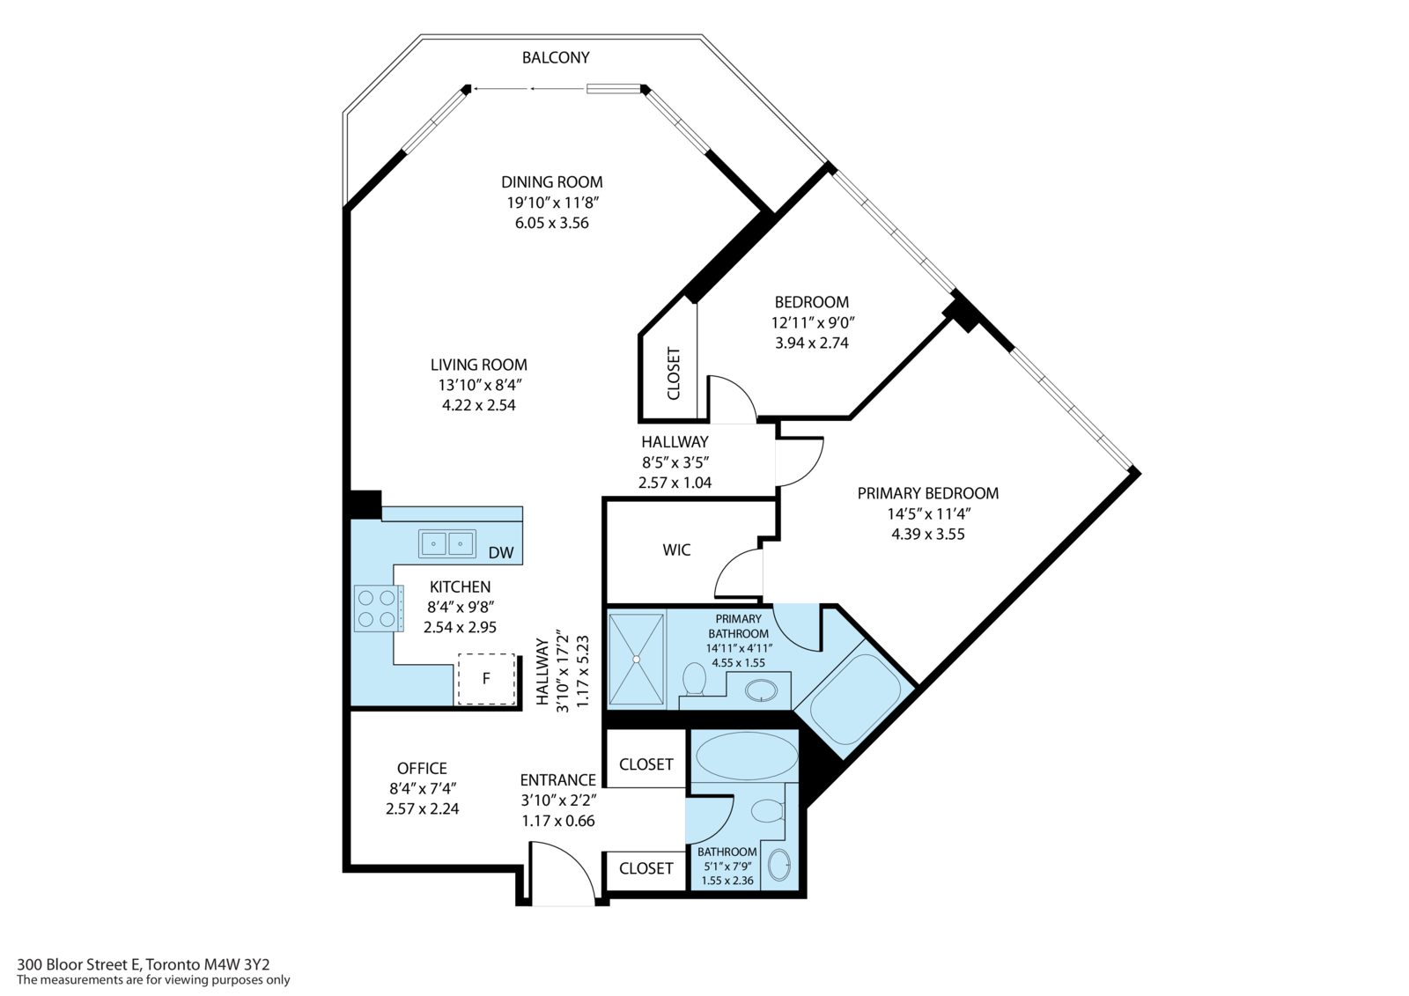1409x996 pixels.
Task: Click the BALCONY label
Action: pyautogui.click(x=555, y=57)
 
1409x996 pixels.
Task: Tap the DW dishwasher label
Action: pyautogui.click(x=500, y=553)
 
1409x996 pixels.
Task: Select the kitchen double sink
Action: pyautogui.click(x=446, y=543)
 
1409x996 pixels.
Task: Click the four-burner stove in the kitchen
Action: pyautogui.click(x=378, y=609)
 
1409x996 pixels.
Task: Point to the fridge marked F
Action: pyautogui.click(x=486, y=678)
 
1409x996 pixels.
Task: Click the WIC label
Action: pyautogui.click(x=676, y=550)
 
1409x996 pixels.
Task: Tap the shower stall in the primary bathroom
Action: pyautogui.click(x=637, y=660)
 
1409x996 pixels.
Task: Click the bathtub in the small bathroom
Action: pyautogui.click(x=746, y=755)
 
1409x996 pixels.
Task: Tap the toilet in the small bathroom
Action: pyautogui.click(x=768, y=810)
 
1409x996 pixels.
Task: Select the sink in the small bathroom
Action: pyautogui.click(x=779, y=865)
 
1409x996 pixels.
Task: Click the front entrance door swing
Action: pyautogui.click(x=564, y=874)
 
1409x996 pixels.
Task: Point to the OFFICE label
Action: pyautogui.click(x=422, y=768)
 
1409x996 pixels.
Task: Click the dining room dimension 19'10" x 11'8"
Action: pyautogui.click(x=552, y=203)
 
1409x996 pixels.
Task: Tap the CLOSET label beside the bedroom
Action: pyautogui.click(x=674, y=373)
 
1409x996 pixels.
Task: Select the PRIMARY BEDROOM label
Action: pyautogui.click(x=927, y=493)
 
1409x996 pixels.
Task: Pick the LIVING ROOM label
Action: pyautogui.click(x=478, y=365)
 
